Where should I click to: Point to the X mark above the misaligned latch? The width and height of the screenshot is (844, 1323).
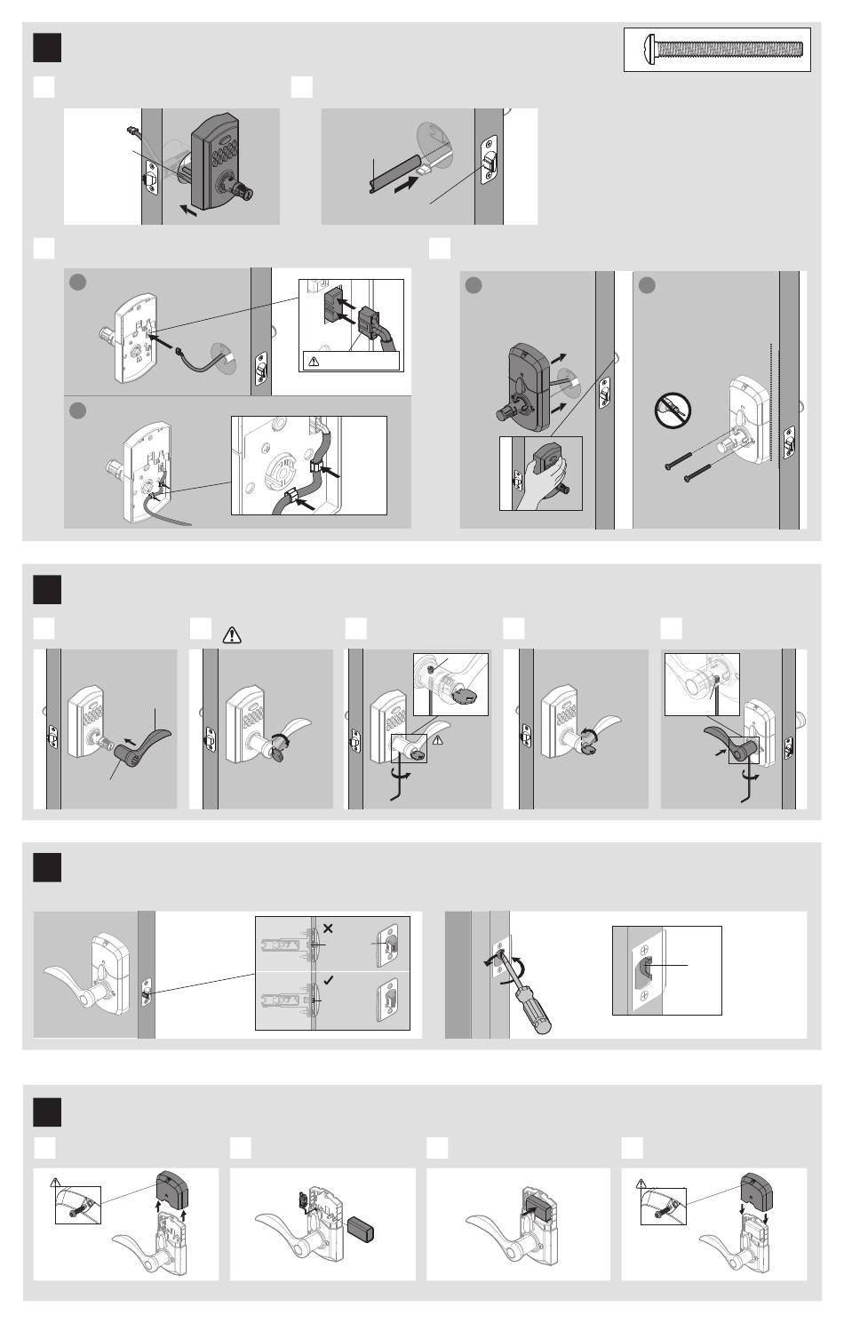328,928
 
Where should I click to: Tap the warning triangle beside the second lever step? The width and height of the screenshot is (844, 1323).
233,634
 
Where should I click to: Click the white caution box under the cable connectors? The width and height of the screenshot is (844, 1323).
351,361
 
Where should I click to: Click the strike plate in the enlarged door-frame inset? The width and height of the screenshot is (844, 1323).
647,970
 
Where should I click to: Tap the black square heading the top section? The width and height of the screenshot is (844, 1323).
47,48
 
